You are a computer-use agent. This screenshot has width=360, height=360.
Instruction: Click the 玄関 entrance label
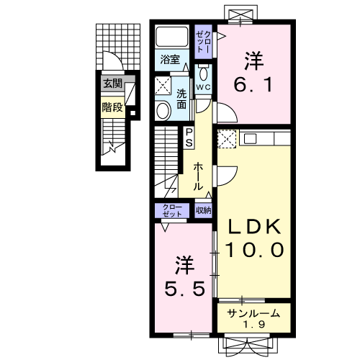[113, 84]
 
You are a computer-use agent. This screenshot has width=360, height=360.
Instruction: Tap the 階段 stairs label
[112, 107]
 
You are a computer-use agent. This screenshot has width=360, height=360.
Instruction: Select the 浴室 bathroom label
[170, 59]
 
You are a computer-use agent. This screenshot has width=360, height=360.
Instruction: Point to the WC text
[204, 87]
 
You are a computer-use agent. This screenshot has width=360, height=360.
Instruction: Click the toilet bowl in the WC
[204, 74]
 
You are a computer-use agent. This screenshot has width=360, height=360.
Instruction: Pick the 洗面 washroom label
[181, 99]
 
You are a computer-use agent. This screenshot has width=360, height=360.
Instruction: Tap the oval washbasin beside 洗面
[163, 111]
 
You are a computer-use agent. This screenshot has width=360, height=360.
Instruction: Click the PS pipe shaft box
[189, 138]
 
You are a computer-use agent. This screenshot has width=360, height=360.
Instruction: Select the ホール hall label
[198, 176]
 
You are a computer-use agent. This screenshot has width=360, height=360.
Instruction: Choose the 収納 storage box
[203, 210]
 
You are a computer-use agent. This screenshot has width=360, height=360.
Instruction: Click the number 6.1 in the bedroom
[253, 85]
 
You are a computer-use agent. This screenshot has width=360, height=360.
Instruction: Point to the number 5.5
[185, 288]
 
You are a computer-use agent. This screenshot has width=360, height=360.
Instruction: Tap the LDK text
[254, 227]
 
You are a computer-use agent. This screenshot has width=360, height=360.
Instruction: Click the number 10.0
[254, 250]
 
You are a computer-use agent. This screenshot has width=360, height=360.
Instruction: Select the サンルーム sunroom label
[253, 313]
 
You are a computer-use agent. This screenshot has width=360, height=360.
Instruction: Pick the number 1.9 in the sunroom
[254, 325]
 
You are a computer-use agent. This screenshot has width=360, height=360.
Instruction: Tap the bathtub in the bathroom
[172, 36]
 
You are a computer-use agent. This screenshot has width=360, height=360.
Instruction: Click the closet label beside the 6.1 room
[204, 42]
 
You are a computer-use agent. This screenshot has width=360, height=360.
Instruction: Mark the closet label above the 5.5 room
[172, 210]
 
